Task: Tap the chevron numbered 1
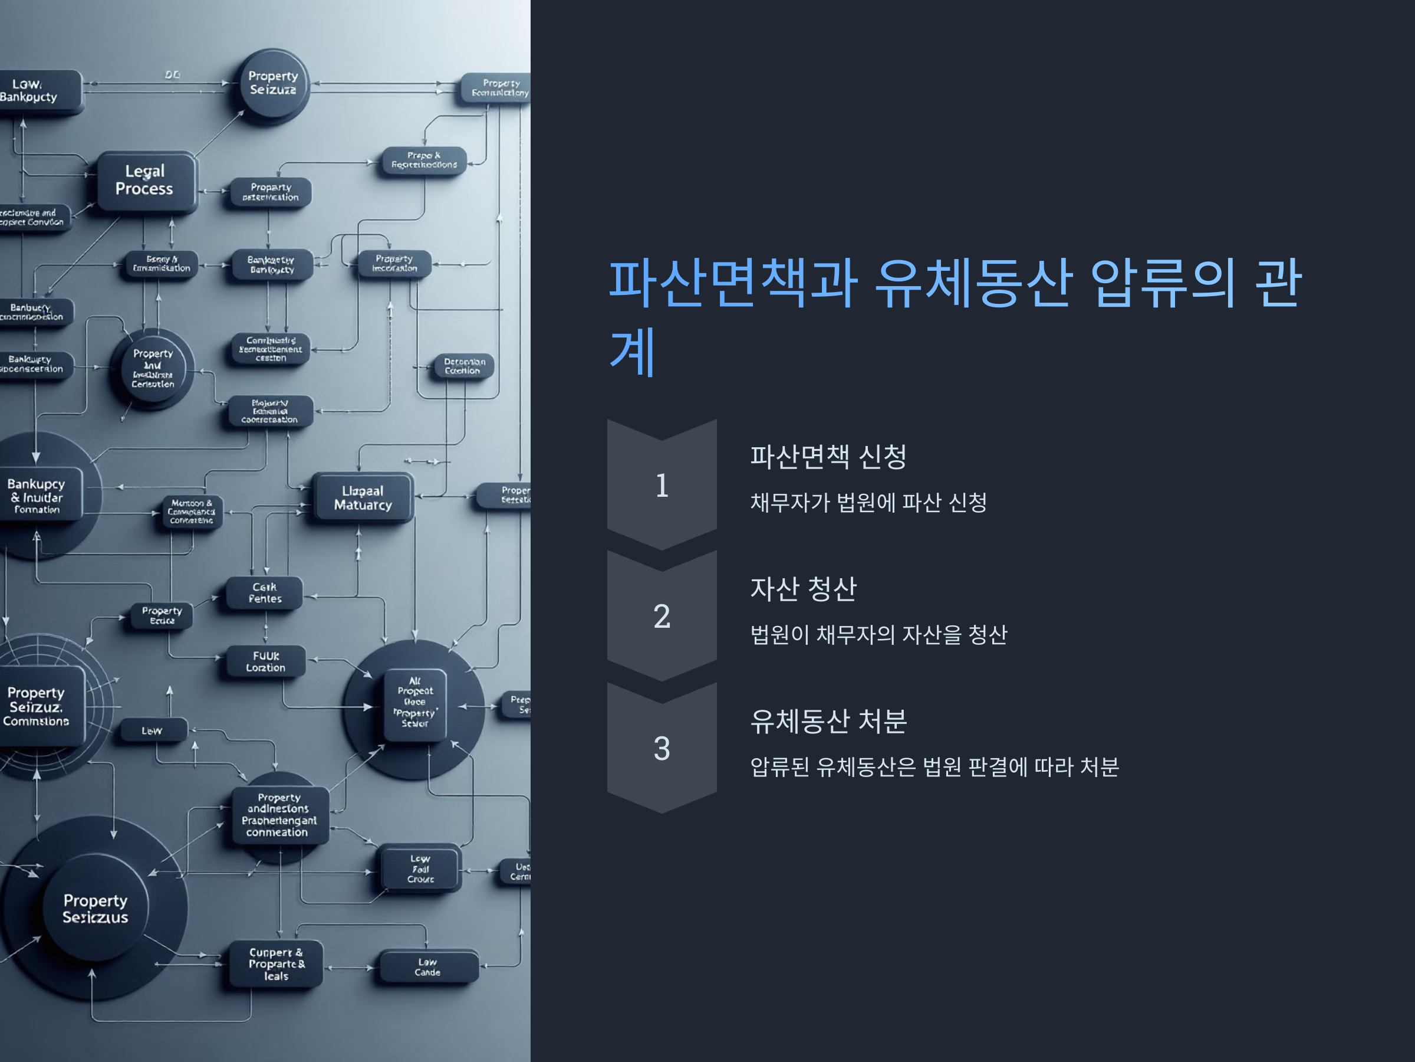point(662,485)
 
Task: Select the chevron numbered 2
point(662,617)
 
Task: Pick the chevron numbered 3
point(662,748)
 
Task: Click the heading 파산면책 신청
point(828,457)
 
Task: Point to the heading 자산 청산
point(803,589)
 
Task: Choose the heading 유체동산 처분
point(828,722)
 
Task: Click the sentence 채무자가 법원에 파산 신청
point(868,503)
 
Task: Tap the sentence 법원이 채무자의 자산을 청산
point(878,635)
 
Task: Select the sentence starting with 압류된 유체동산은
point(934,767)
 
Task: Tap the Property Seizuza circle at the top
point(273,83)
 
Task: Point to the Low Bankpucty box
point(32,91)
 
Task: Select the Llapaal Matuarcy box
point(363,498)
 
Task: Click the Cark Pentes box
point(264,594)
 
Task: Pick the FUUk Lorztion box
point(265,662)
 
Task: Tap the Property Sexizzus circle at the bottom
point(96,909)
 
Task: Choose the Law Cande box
point(428,967)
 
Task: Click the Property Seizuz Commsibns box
point(37,706)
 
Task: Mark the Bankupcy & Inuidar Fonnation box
point(37,496)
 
